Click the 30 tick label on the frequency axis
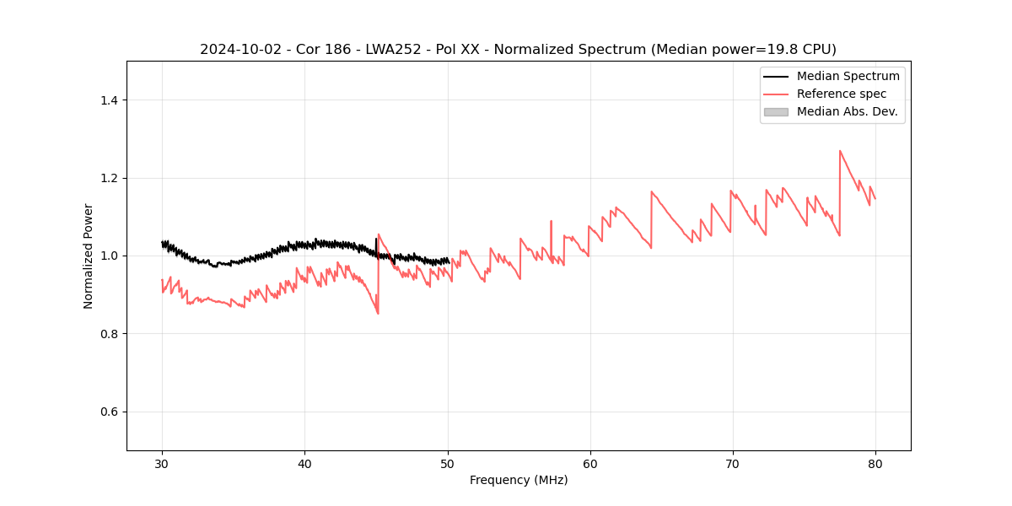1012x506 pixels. click(x=162, y=463)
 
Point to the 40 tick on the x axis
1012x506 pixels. click(x=304, y=463)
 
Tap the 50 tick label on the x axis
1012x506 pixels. click(x=448, y=463)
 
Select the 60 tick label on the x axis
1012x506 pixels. click(x=590, y=463)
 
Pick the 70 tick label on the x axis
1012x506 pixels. click(x=733, y=463)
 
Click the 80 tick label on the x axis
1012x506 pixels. click(x=875, y=463)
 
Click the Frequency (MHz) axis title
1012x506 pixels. click(x=519, y=480)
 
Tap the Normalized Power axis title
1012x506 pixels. click(x=89, y=256)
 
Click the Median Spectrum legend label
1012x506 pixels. click(x=848, y=76)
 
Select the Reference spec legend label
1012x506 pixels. click(x=842, y=94)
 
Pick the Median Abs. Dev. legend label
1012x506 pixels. click(x=847, y=111)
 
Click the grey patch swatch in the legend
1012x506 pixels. click(x=776, y=111)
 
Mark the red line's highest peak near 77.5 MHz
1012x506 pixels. click(x=840, y=151)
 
